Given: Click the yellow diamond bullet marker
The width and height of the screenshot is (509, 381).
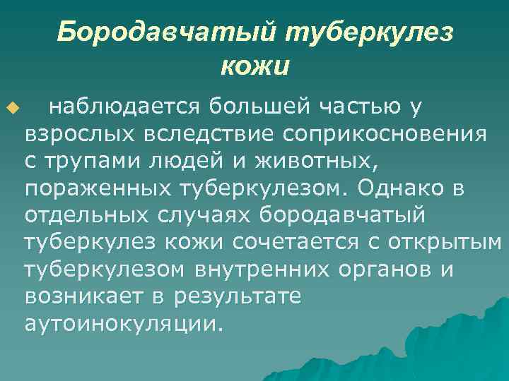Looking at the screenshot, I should point(11,107).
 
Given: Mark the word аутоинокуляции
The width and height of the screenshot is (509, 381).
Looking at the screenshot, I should point(123,323).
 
